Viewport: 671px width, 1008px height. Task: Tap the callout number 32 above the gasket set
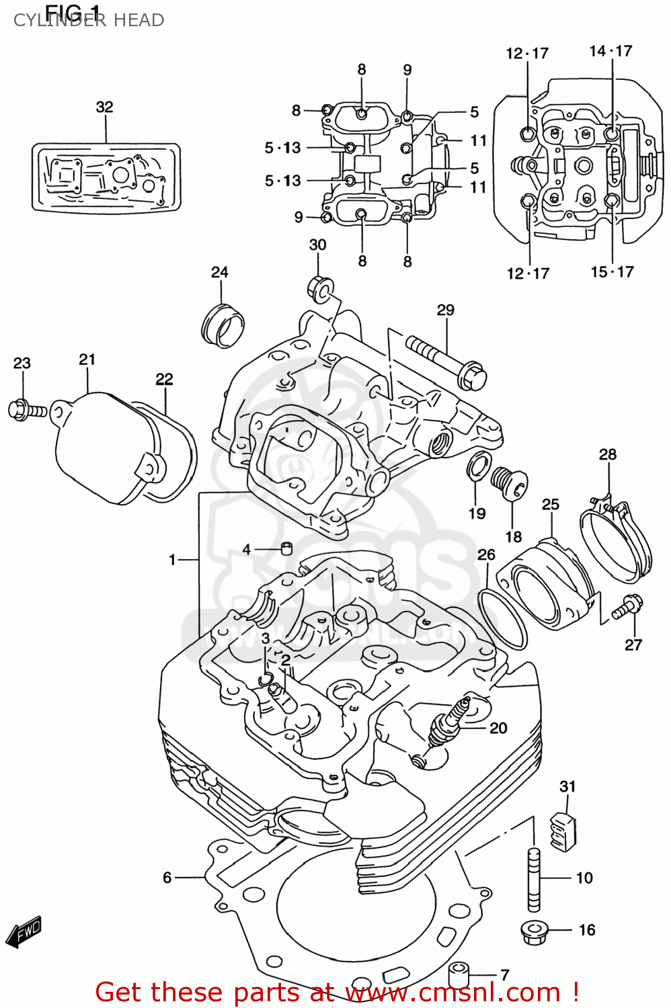[104, 107]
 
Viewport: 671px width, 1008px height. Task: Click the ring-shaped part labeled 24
[223, 325]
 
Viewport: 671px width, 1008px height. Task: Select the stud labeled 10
[533, 878]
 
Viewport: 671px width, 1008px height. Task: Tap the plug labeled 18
[509, 482]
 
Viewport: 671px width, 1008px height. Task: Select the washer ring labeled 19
[477, 467]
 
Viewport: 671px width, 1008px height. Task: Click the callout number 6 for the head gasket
[167, 877]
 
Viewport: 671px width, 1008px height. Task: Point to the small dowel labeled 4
[286, 548]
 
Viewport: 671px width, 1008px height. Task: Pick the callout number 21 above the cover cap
[87, 360]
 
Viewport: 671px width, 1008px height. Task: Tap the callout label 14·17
[610, 51]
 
